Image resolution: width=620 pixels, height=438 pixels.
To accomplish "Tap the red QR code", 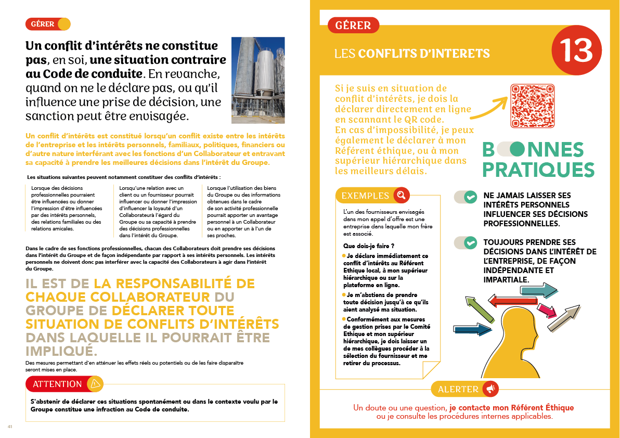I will coord(533,106).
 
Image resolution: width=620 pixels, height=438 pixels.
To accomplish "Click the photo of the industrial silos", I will coord(258,72).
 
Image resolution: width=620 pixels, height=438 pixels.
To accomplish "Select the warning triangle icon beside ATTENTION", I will coord(95,384).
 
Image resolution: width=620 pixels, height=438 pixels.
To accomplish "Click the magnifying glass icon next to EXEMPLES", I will coord(401,196).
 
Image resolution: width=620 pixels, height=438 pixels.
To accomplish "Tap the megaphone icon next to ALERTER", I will coord(490,389).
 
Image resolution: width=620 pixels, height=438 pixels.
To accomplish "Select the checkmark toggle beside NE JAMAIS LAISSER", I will coord(466,197).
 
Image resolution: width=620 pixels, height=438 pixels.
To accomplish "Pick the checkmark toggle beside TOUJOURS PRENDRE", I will coord(466,243).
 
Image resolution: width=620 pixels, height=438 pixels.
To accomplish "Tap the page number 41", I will coord(9,427).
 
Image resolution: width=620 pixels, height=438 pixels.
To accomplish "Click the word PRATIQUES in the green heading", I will coord(538,170).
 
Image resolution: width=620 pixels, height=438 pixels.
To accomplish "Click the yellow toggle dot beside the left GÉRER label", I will coord(64,24).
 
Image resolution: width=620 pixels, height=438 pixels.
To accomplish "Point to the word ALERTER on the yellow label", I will coord(458,389).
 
